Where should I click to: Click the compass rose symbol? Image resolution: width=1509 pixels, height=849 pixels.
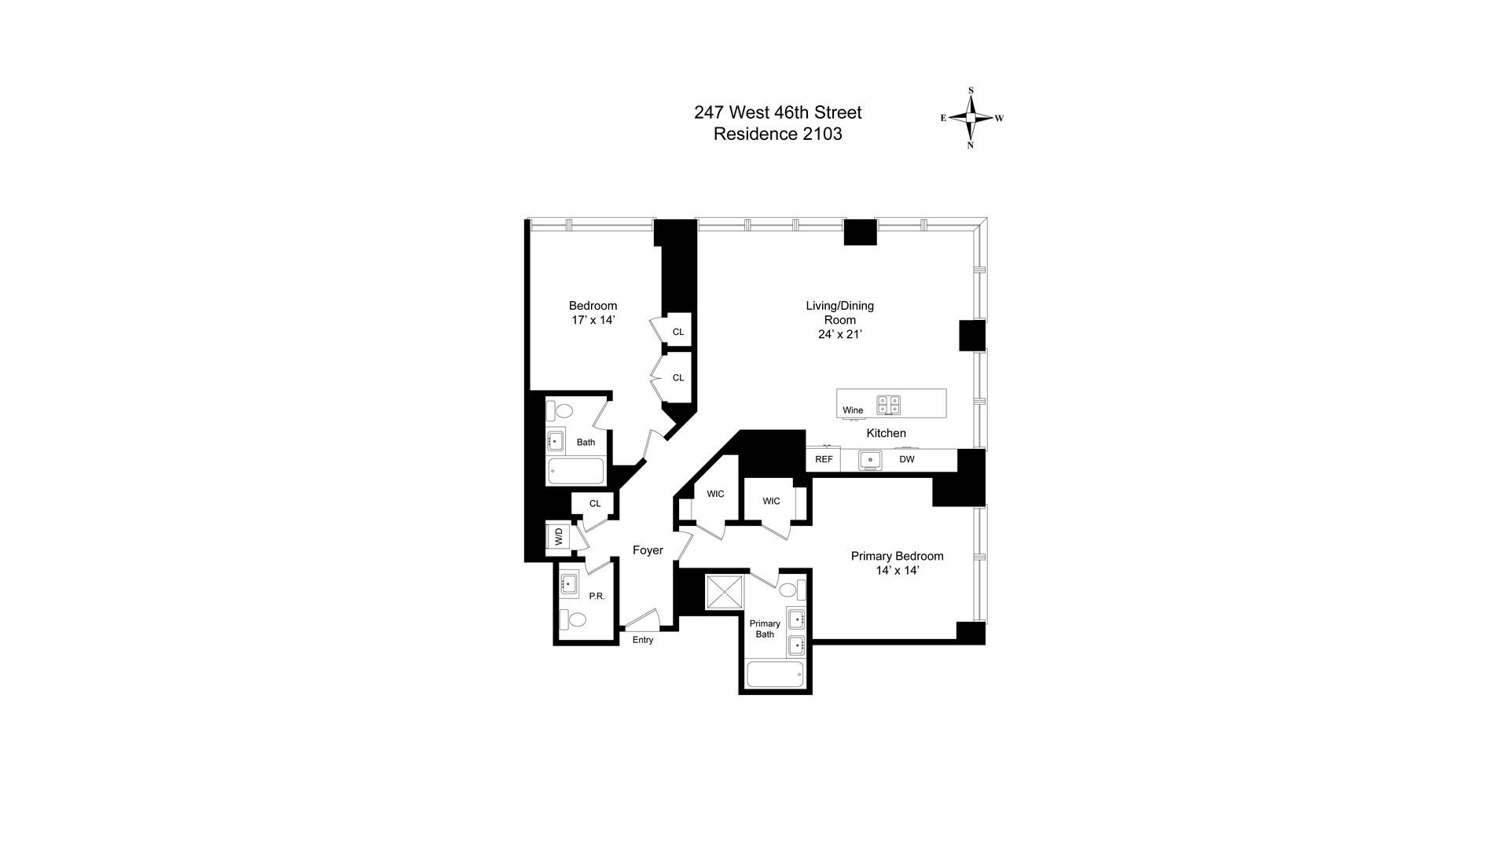(x=971, y=118)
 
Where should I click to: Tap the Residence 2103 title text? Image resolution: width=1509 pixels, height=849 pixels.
(x=777, y=134)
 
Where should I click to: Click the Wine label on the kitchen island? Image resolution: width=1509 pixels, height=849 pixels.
(x=853, y=410)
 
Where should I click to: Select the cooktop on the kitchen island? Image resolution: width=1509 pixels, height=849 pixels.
(x=889, y=405)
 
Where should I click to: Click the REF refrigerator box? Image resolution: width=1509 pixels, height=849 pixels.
(x=823, y=459)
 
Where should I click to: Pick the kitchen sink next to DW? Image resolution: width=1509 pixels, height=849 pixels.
(x=870, y=459)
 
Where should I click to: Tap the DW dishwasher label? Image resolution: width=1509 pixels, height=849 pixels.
(x=907, y=459)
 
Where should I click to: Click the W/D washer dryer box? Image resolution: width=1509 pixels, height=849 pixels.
(x=560, y=537)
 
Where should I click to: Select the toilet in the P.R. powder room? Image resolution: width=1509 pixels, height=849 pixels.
(x=574, y=619)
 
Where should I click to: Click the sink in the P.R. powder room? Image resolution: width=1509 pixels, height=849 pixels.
(x=569, y=583)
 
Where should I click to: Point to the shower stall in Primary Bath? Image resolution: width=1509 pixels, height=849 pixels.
(x=724, y=592)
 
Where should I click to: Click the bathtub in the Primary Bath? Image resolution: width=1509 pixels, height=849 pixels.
(x=775, y=674)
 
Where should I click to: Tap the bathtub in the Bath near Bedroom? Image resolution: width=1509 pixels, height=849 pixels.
(x=576, y=472)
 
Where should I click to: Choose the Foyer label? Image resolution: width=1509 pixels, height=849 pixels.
(x=648, y=550)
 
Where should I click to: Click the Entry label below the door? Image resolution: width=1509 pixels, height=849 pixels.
(x=643, y=640)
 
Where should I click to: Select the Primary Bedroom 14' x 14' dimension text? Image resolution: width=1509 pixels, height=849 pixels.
(x=898, y=571)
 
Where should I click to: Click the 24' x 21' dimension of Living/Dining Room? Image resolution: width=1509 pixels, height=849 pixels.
(x=840, y=334)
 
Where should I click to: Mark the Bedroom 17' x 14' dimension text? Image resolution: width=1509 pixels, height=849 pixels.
(x=593, y=320)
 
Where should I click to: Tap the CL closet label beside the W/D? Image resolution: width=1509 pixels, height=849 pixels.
(x=595, y=503)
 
